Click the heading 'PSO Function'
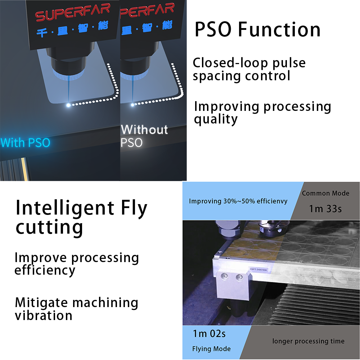pyautogui.click(x=257, y=30)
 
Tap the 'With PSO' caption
pyautogui.click(x=25, y=143)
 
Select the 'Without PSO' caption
pyautogui.click(x=144, y=136)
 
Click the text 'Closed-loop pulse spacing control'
pyautogui.click(x=249, y=69)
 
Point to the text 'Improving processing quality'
pyautogui.click(x=262, y=112)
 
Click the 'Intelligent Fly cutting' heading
pyautogui.click(x=81, y=217)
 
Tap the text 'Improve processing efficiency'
pyautogui.click(x=77, y=264)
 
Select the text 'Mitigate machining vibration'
pyautogui.click(x=76, y=309)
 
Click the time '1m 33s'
pyautogui.click(x=325, y=209)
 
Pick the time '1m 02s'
pyautogui.click(x=209, y=334)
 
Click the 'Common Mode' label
pyautogui.click(x=325, y=193)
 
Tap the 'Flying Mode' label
pyautogui.click(x=211, y=349)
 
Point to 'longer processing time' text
pyautogui.click(x=309, y=341)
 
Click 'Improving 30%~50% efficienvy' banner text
pyautogui.click(x=238, y=201)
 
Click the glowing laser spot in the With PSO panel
pyautogui.click(x=68, y=105)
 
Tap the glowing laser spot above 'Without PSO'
pyautogui.click(x=132, y=105)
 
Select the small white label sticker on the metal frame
pyautogui.click(x=258, y=270)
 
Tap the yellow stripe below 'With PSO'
pyautogui.click(x=24, y=169)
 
